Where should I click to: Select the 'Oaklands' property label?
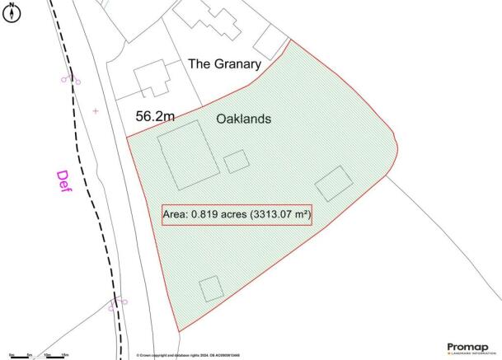243,119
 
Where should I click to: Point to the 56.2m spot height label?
155,118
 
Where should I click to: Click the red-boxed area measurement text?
237,215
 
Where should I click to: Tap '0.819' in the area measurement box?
203,215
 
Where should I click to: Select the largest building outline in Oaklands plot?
188,155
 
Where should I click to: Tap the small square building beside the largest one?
237,161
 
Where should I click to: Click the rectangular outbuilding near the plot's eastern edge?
334,184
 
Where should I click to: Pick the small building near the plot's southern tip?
211,288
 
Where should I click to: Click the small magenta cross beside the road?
96,110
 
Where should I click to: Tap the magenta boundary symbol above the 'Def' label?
70,79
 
